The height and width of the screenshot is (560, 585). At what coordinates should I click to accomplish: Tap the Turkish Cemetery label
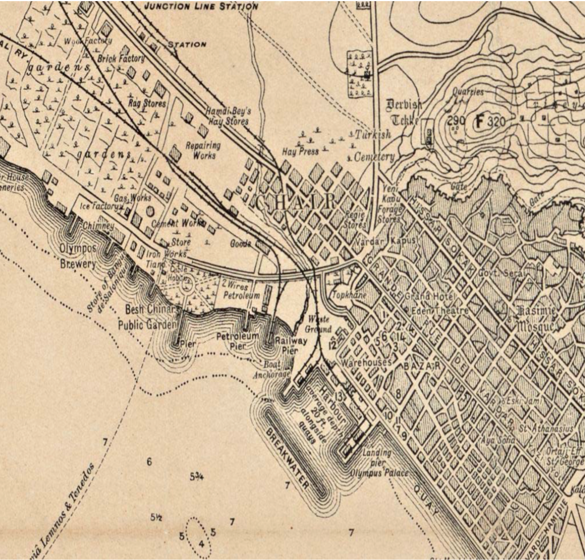click(373, 146)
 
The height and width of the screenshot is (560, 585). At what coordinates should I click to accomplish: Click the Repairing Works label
click(203, 150)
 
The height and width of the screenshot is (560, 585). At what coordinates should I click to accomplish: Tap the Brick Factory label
click(121, 59)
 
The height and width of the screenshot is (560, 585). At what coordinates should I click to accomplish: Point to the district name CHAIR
click(296, 202)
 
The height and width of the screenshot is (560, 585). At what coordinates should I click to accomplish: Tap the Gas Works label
click(132, 198)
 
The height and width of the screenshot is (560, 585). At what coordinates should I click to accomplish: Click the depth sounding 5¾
click(197, 476)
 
